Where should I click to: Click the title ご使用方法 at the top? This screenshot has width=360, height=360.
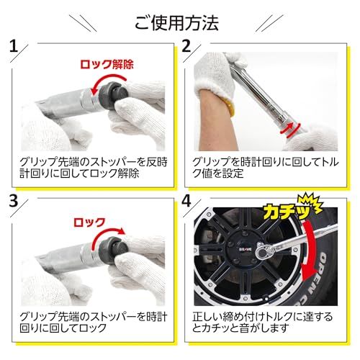180,22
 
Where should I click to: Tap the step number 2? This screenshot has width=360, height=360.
186,50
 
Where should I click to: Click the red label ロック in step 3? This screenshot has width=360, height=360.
90,222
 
